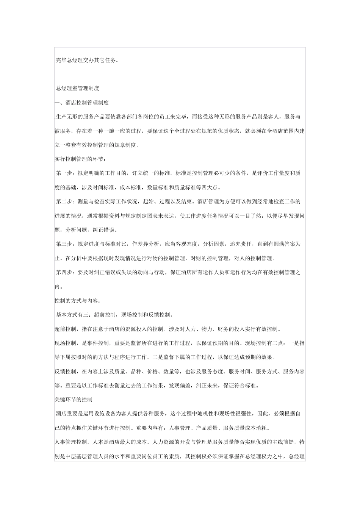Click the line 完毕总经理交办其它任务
(x=87, y=60)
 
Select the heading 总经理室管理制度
(x=78, y=88)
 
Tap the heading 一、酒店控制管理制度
(x=82, y=102)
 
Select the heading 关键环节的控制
(x=74, y=400)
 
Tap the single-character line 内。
(x=59, y=287)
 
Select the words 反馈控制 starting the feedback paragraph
(x=65, y=372)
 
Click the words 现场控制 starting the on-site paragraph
(x=65, y=343)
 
